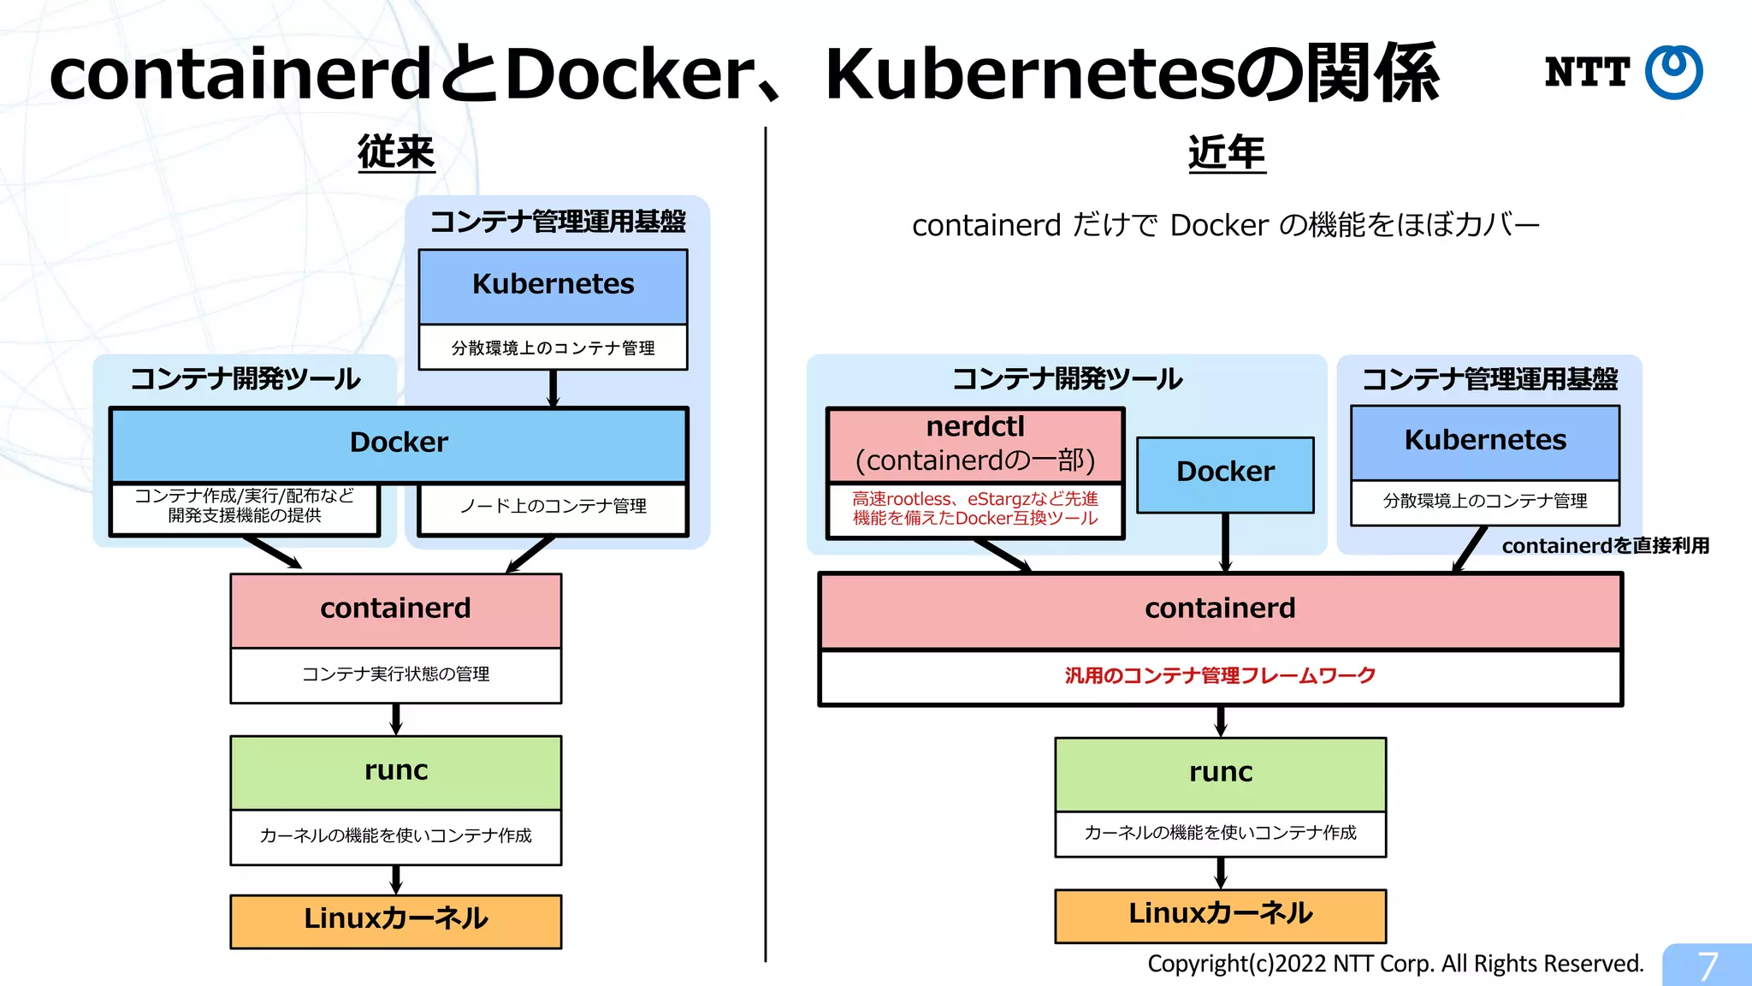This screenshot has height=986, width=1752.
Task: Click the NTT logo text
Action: (x=1586, y=72)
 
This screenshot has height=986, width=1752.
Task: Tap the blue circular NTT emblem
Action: (x=1673, y=72)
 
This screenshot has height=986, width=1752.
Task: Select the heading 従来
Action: (x=396, y=152)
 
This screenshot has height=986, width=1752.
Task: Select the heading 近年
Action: (x=1226, y=153)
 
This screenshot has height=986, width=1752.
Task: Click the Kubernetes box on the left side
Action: (x=553, y=285)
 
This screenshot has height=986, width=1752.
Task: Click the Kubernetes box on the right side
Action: (x=1485, y=441)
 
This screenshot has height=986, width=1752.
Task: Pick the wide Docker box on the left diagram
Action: (x=399, y=443)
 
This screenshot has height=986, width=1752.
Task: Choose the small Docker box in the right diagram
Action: (x=1225, y=473)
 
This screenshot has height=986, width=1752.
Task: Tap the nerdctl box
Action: (x=975, y=444)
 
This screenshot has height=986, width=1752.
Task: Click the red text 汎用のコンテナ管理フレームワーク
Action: (x=1220, y=676)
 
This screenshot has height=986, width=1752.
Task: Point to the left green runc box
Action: (x=395, y=771)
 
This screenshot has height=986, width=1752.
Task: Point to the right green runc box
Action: (x=1220, y=773)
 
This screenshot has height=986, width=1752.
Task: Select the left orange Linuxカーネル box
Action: (x=395, y=920)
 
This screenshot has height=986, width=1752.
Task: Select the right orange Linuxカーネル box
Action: (x=1220, y=915)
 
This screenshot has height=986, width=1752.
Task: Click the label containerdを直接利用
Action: (x=1605, y=546)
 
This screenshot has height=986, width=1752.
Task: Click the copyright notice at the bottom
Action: (x=1395, y=964)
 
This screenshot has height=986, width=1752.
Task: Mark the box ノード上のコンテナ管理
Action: (x=553, y=508)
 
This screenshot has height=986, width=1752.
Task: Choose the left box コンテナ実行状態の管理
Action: (x=395, y=675)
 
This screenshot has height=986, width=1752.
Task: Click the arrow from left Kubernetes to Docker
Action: (x=553, y=388)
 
